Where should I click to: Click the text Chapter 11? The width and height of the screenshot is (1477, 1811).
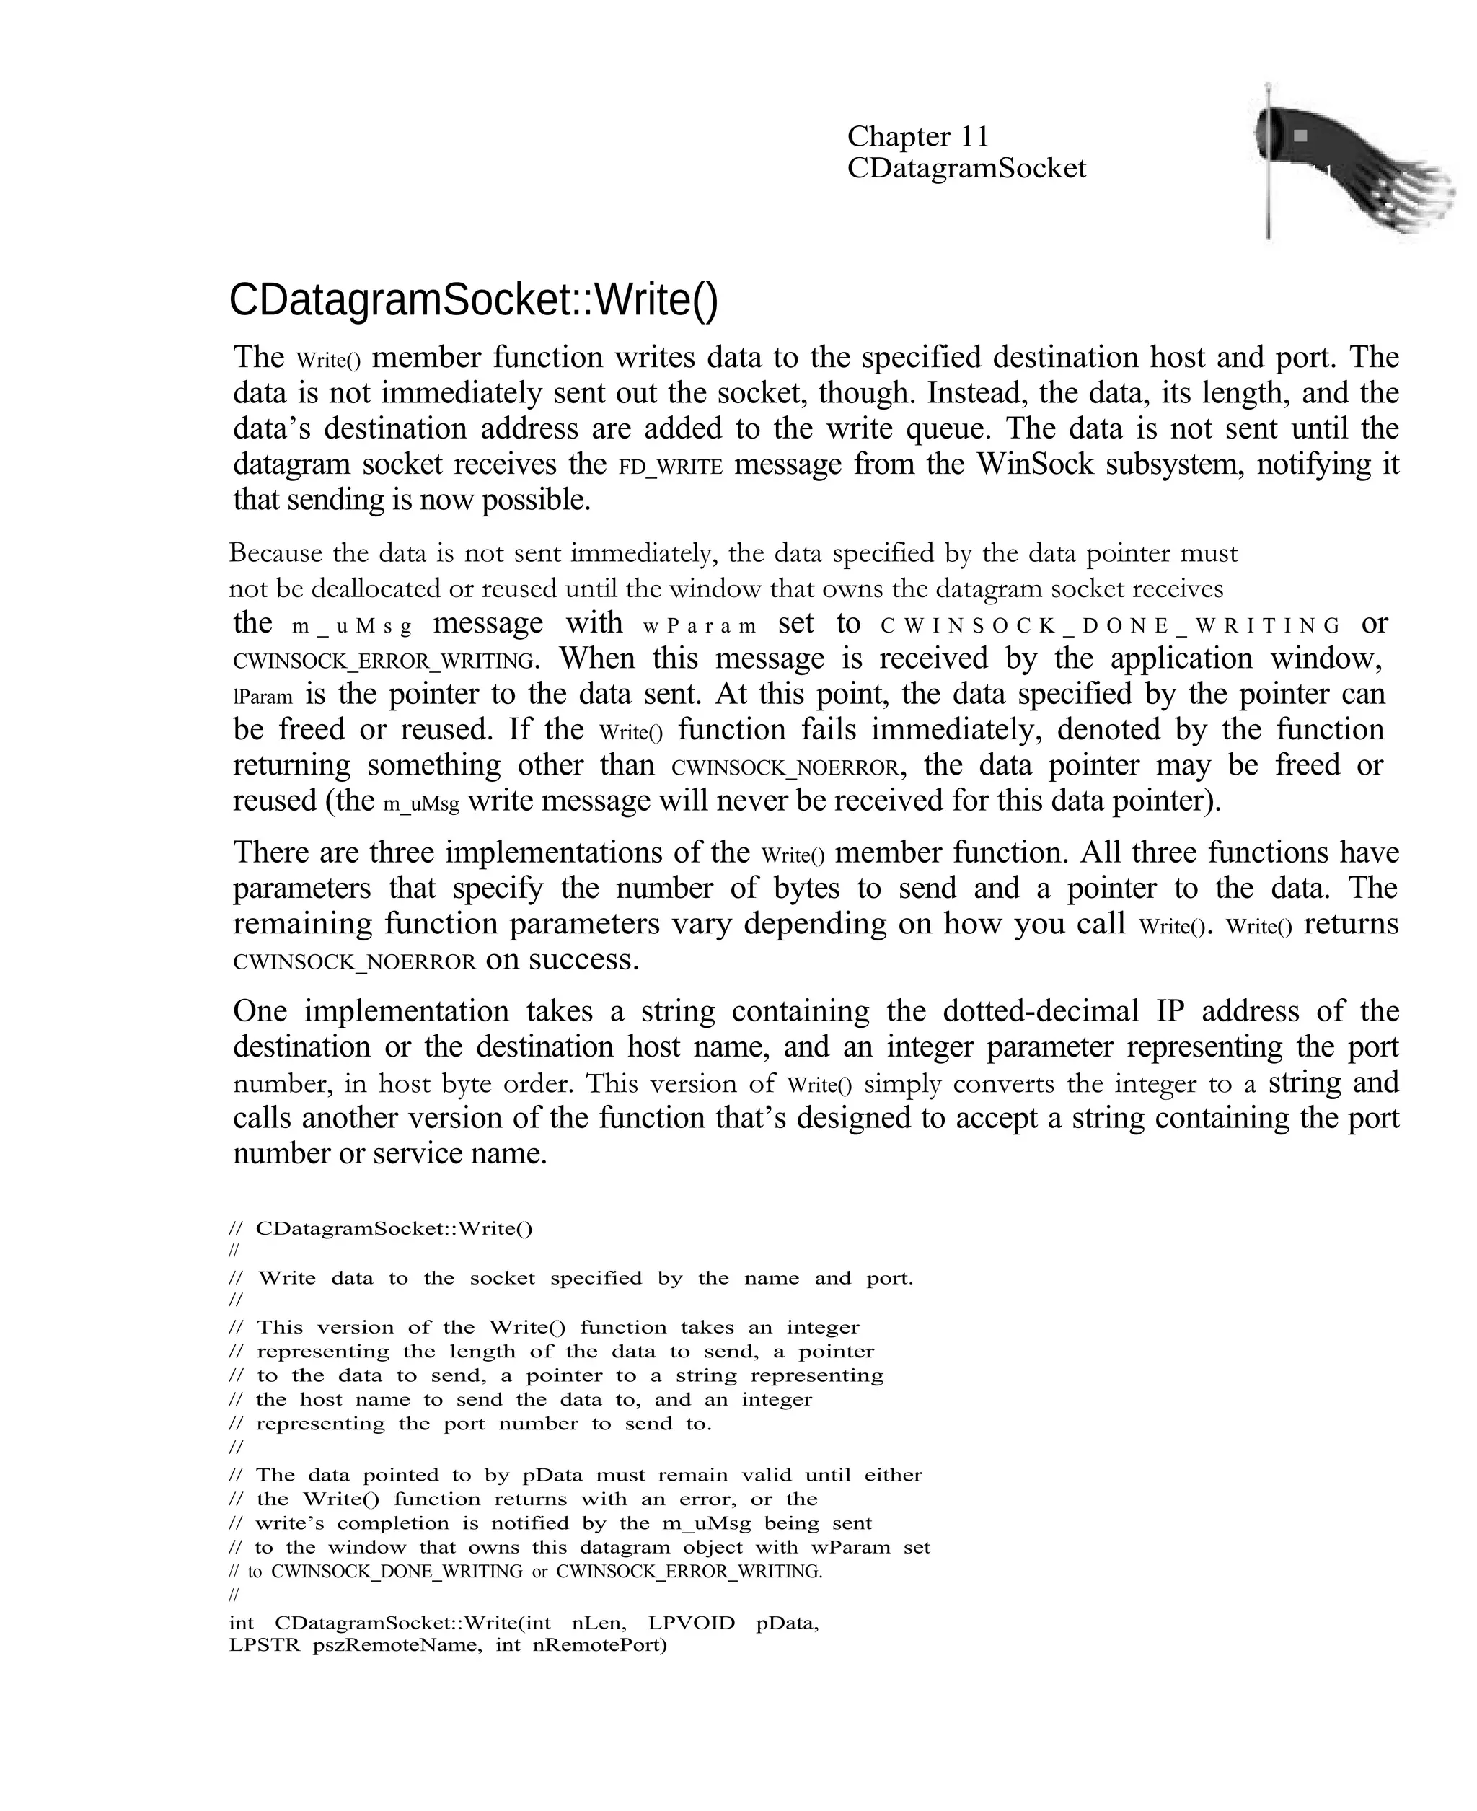pyautogui.click(x=917, y=136)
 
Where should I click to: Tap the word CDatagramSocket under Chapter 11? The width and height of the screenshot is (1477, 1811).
pyautogui.click(x=966, y=169)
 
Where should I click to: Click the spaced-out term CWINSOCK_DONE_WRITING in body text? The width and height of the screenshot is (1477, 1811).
pyautogui.click(x=1111, y=626)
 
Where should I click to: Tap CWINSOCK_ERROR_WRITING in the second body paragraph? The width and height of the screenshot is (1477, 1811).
pyautogui.click(x=384, y=661)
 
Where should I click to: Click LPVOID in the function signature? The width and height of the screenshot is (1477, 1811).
pyautogui.click(x=691, y=1623)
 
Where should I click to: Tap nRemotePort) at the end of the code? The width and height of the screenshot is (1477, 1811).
pyautogui.click(x=600, y=1645)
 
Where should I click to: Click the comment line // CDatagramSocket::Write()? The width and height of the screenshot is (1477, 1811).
pyautogui.click(x=382, y=1228)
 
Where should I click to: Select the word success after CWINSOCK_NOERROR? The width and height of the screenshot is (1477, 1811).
pyautogui.click(x=583, y=961)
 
